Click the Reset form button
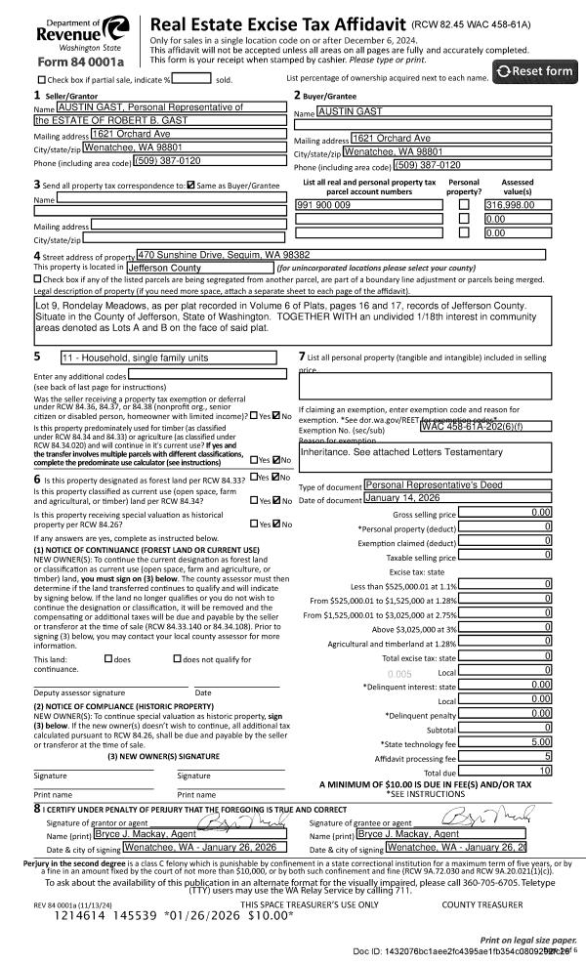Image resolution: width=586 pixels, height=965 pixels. [535, 71]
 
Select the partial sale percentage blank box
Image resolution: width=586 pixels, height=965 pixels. [192, 78]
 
